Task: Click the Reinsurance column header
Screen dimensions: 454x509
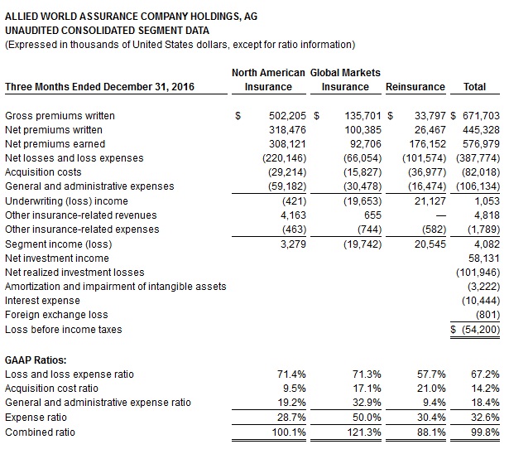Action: click(x=415, y=87)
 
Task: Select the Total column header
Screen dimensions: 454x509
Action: click(x=475, y=87)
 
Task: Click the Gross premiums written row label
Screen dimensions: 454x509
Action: click(x=60, y=115)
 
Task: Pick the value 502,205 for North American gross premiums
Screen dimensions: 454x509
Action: click(x=286, y=115)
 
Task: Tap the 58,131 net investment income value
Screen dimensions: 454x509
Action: click(x=484, y=258)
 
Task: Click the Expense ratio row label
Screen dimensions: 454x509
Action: click(x=36, y=418)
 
